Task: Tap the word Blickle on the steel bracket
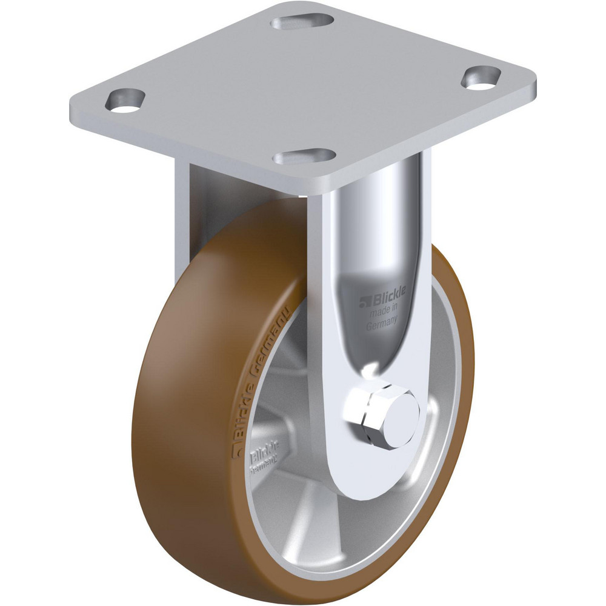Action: click(x=384, y=300)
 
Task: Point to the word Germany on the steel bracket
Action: click(x=382, y=324)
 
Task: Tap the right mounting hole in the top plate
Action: click(x=482, y=78)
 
